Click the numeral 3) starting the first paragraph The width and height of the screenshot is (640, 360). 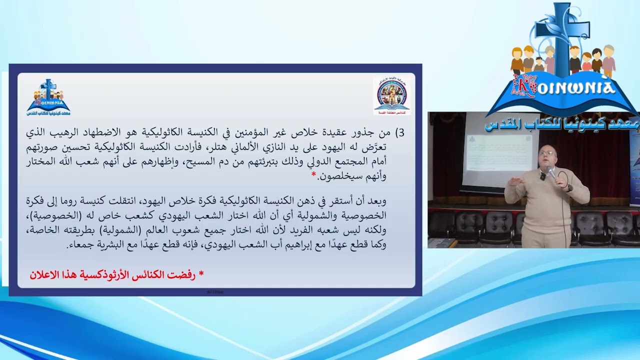tap(400, 133)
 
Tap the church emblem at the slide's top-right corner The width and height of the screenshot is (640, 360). tap(391, 95)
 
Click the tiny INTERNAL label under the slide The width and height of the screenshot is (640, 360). tap(215, 291)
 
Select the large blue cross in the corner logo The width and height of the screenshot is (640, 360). tap(560, 35)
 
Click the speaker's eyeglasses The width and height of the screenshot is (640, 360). tap(547, 153)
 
